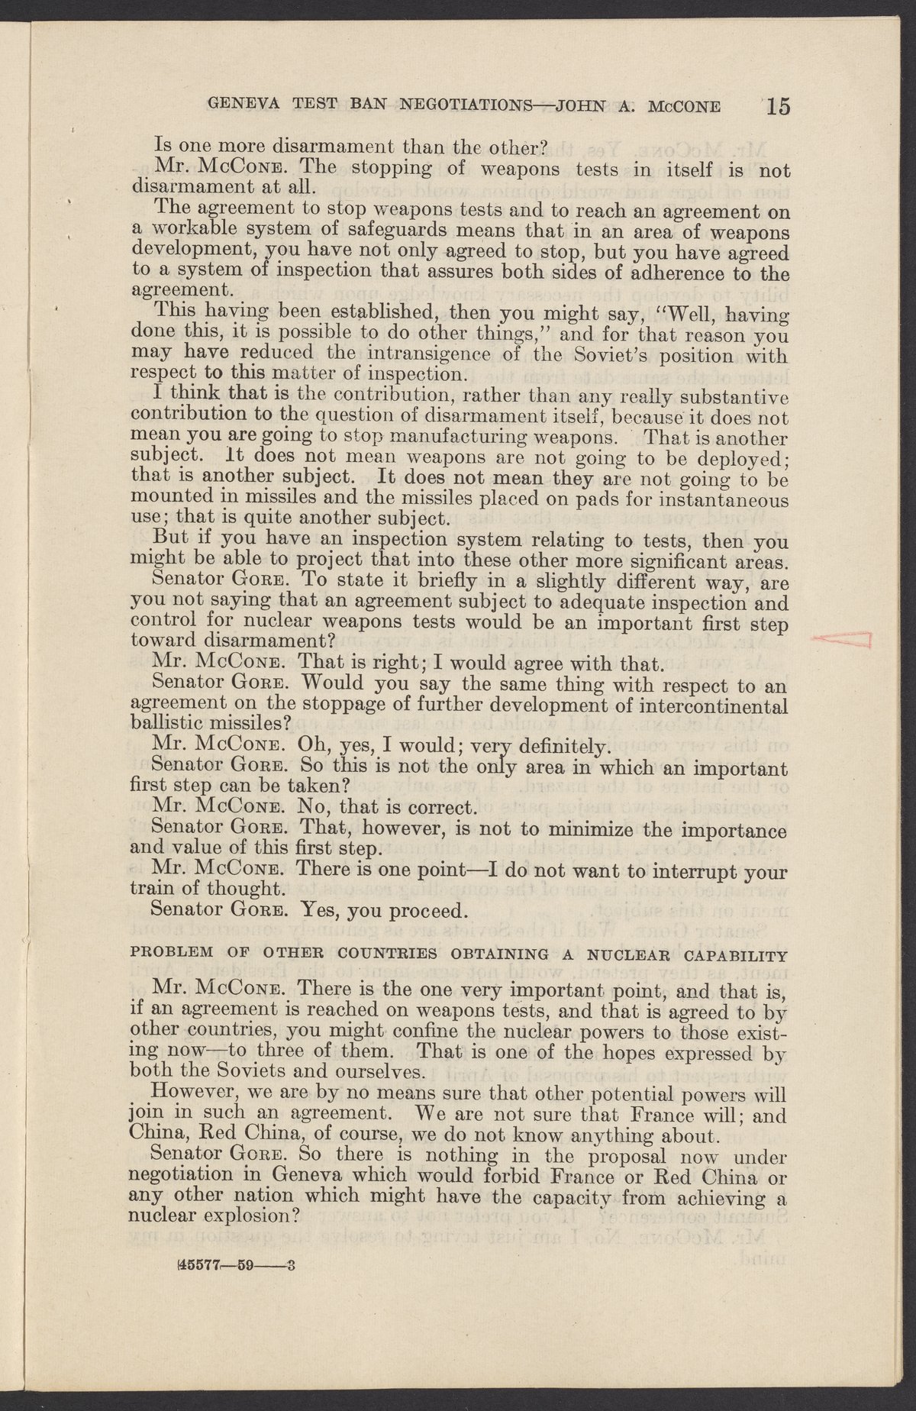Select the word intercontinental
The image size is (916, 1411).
click(716, 702)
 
